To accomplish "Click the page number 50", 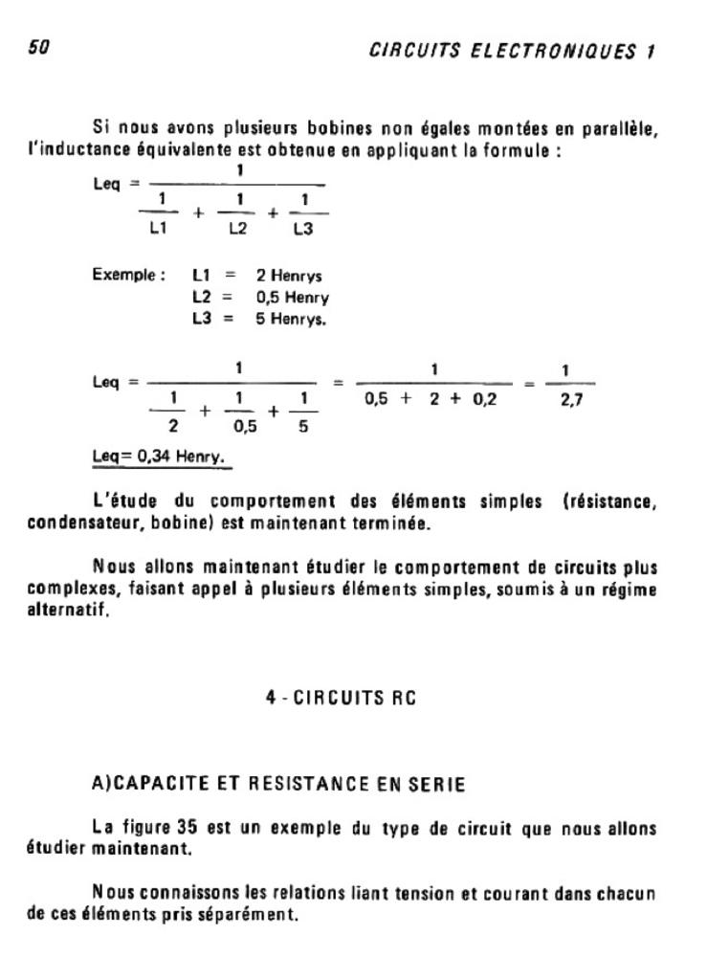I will (x=38, y=48).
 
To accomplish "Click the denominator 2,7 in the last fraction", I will (x=573, y=401).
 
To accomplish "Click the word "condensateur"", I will (x=77, y=523).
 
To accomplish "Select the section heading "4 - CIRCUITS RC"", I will (x=341, y=700).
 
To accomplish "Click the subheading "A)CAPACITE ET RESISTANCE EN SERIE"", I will (x=277, y=786).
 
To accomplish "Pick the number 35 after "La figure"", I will (x=188, y=826).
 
